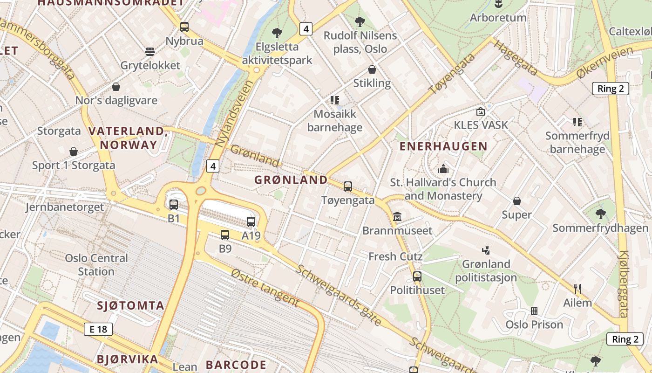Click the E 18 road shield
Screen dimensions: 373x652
coord(98,329)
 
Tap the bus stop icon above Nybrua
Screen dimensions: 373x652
coord(184,27)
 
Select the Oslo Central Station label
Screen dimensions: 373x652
coord(96,265)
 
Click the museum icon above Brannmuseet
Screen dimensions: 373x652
coord(397,217)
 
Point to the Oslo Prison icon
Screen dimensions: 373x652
coord(534,311)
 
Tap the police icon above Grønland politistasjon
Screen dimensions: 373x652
coord(486,250)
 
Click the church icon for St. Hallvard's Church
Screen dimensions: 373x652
coord(443,168)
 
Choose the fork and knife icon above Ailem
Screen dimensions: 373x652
coord(577,289)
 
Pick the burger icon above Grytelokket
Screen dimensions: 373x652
coord(150,51)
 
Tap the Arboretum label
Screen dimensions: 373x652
coord(498,18)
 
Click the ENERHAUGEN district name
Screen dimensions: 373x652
coord(443,146)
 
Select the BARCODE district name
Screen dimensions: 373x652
coord(236,365)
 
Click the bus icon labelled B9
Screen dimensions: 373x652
coord(225,235)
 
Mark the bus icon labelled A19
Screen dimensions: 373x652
coord(251,222)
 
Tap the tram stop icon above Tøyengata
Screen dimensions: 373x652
coord(348,186)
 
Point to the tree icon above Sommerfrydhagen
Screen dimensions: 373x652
coord(600,214)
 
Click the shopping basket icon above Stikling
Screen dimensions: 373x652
coord(372,69)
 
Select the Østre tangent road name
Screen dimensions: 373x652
coord(264,288)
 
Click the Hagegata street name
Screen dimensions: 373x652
coord(516,58)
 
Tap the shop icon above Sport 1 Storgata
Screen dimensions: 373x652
coord(74,152)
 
